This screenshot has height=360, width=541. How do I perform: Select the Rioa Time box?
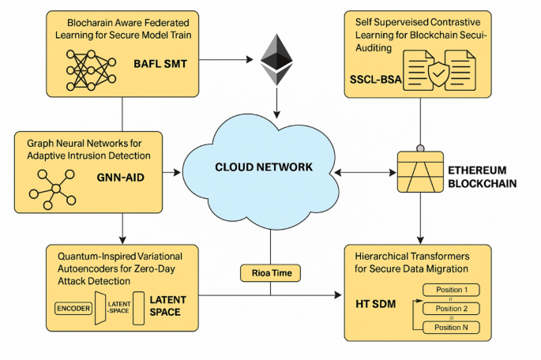pos(270,274)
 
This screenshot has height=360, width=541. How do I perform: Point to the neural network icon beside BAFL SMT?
pos(78,64)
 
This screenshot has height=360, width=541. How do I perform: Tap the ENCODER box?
pos(73,307)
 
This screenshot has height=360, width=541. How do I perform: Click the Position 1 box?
pos(451,290)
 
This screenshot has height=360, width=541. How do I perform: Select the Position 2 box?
pos(451,308)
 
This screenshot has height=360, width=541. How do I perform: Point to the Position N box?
pos(451,327)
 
